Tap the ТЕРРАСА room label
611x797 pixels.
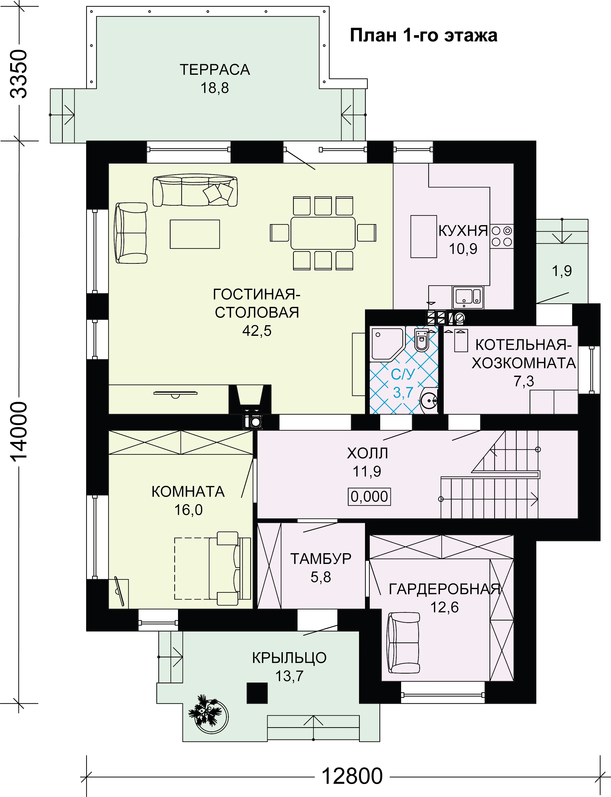215,70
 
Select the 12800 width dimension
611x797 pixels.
352,776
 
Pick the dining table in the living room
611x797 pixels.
323,233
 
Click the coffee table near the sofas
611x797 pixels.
195,234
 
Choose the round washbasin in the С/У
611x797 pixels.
429,401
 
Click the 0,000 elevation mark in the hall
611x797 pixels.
369,497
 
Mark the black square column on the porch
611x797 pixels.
257,693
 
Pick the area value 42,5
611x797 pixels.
257,331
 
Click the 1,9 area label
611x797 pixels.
562,270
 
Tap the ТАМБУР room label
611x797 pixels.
321,558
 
